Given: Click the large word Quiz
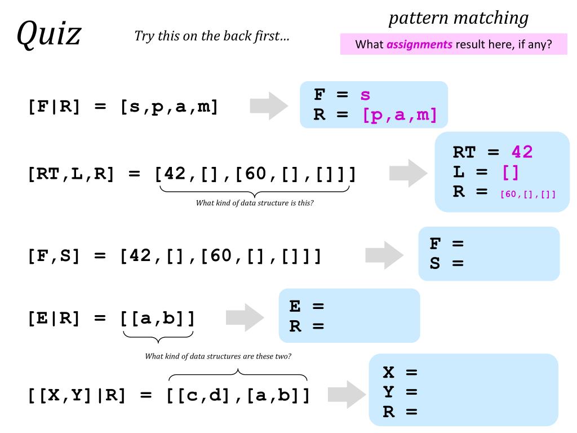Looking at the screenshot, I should [48, 34].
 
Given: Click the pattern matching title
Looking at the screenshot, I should [459, 18].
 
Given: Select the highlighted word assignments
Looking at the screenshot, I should [419, 45].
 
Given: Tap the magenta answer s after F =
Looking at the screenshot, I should [365, 95].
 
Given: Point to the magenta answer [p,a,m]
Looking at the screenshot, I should [400, 115].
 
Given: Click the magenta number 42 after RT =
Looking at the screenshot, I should [522, 152].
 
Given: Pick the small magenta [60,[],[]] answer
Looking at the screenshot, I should [528, 195].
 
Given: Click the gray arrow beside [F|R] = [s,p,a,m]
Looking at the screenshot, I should [269, 105].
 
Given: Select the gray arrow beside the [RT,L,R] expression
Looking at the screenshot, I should [409, 173].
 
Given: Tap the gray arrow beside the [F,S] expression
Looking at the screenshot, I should [384, 255].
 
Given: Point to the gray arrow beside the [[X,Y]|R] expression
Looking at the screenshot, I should [347, 394].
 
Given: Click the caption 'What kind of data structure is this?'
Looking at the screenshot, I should [255, 203].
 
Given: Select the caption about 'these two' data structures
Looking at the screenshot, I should [218, 356].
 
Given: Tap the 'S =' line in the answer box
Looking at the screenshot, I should [446, 263].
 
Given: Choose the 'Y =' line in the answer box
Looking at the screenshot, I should [400, 392].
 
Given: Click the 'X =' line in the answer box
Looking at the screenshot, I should [400, 372].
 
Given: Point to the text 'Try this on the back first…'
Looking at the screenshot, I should [212, 37].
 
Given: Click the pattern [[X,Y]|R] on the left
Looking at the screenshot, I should [76, 395].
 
